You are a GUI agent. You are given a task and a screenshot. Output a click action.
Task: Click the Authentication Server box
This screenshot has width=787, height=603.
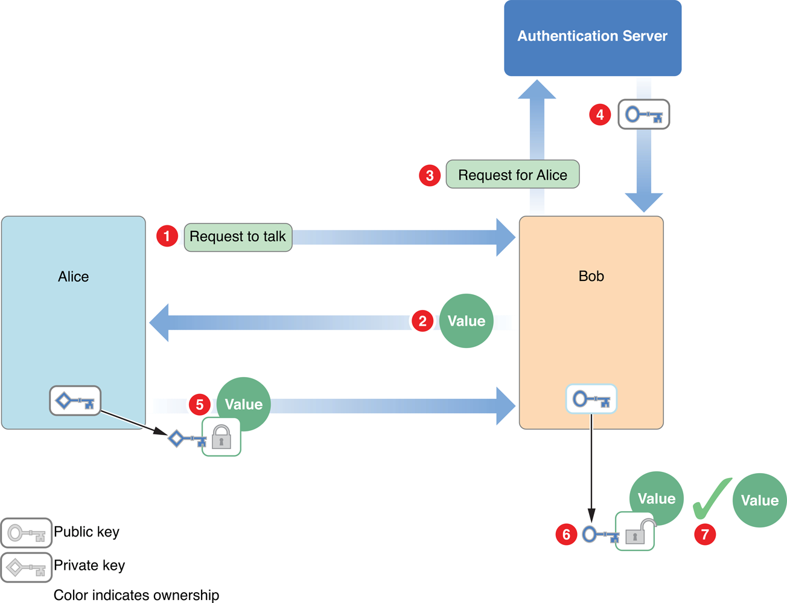[x=592, y=37]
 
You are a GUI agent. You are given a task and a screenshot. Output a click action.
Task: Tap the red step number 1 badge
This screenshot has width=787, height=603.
[x=167, y=236]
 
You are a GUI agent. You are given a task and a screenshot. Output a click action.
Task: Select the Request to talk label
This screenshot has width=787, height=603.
[x=238, y=237]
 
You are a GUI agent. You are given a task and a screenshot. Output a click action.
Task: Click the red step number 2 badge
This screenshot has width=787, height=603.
[x=422, y=321]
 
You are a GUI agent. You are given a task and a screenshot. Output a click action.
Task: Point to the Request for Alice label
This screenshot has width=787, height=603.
[x=512, y=175]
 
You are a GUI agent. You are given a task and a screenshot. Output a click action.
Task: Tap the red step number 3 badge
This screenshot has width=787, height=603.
[x=430, y=176]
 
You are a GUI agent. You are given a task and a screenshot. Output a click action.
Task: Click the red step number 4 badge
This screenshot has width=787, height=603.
[x=600, y=114]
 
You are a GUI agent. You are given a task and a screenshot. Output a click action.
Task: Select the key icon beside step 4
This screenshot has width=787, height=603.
[x=643, y=115]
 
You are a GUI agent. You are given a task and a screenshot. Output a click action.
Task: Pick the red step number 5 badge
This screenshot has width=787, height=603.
[x=200, y=404]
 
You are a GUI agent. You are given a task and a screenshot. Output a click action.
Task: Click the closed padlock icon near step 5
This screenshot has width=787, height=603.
[x=221, y=437]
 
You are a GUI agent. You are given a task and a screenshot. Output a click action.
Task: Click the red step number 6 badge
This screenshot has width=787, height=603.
[x=566, y=534]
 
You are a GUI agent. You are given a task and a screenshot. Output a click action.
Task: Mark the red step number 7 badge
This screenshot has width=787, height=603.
[x=705, y=534]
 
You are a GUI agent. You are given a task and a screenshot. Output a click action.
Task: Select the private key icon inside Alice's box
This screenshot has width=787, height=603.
[x=75, y=401]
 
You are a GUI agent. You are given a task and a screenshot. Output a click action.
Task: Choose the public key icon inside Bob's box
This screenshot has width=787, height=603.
[x=591, y=399]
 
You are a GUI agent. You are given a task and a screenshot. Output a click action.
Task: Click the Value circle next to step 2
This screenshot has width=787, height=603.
[x=466, y=321]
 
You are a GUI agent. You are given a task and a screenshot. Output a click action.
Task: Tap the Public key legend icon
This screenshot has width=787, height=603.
[x=26, y=533]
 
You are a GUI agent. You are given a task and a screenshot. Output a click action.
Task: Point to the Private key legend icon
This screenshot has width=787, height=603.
[x=26, y=567]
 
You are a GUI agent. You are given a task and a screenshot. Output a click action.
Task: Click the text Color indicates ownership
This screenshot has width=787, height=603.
[x=136, y=595]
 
